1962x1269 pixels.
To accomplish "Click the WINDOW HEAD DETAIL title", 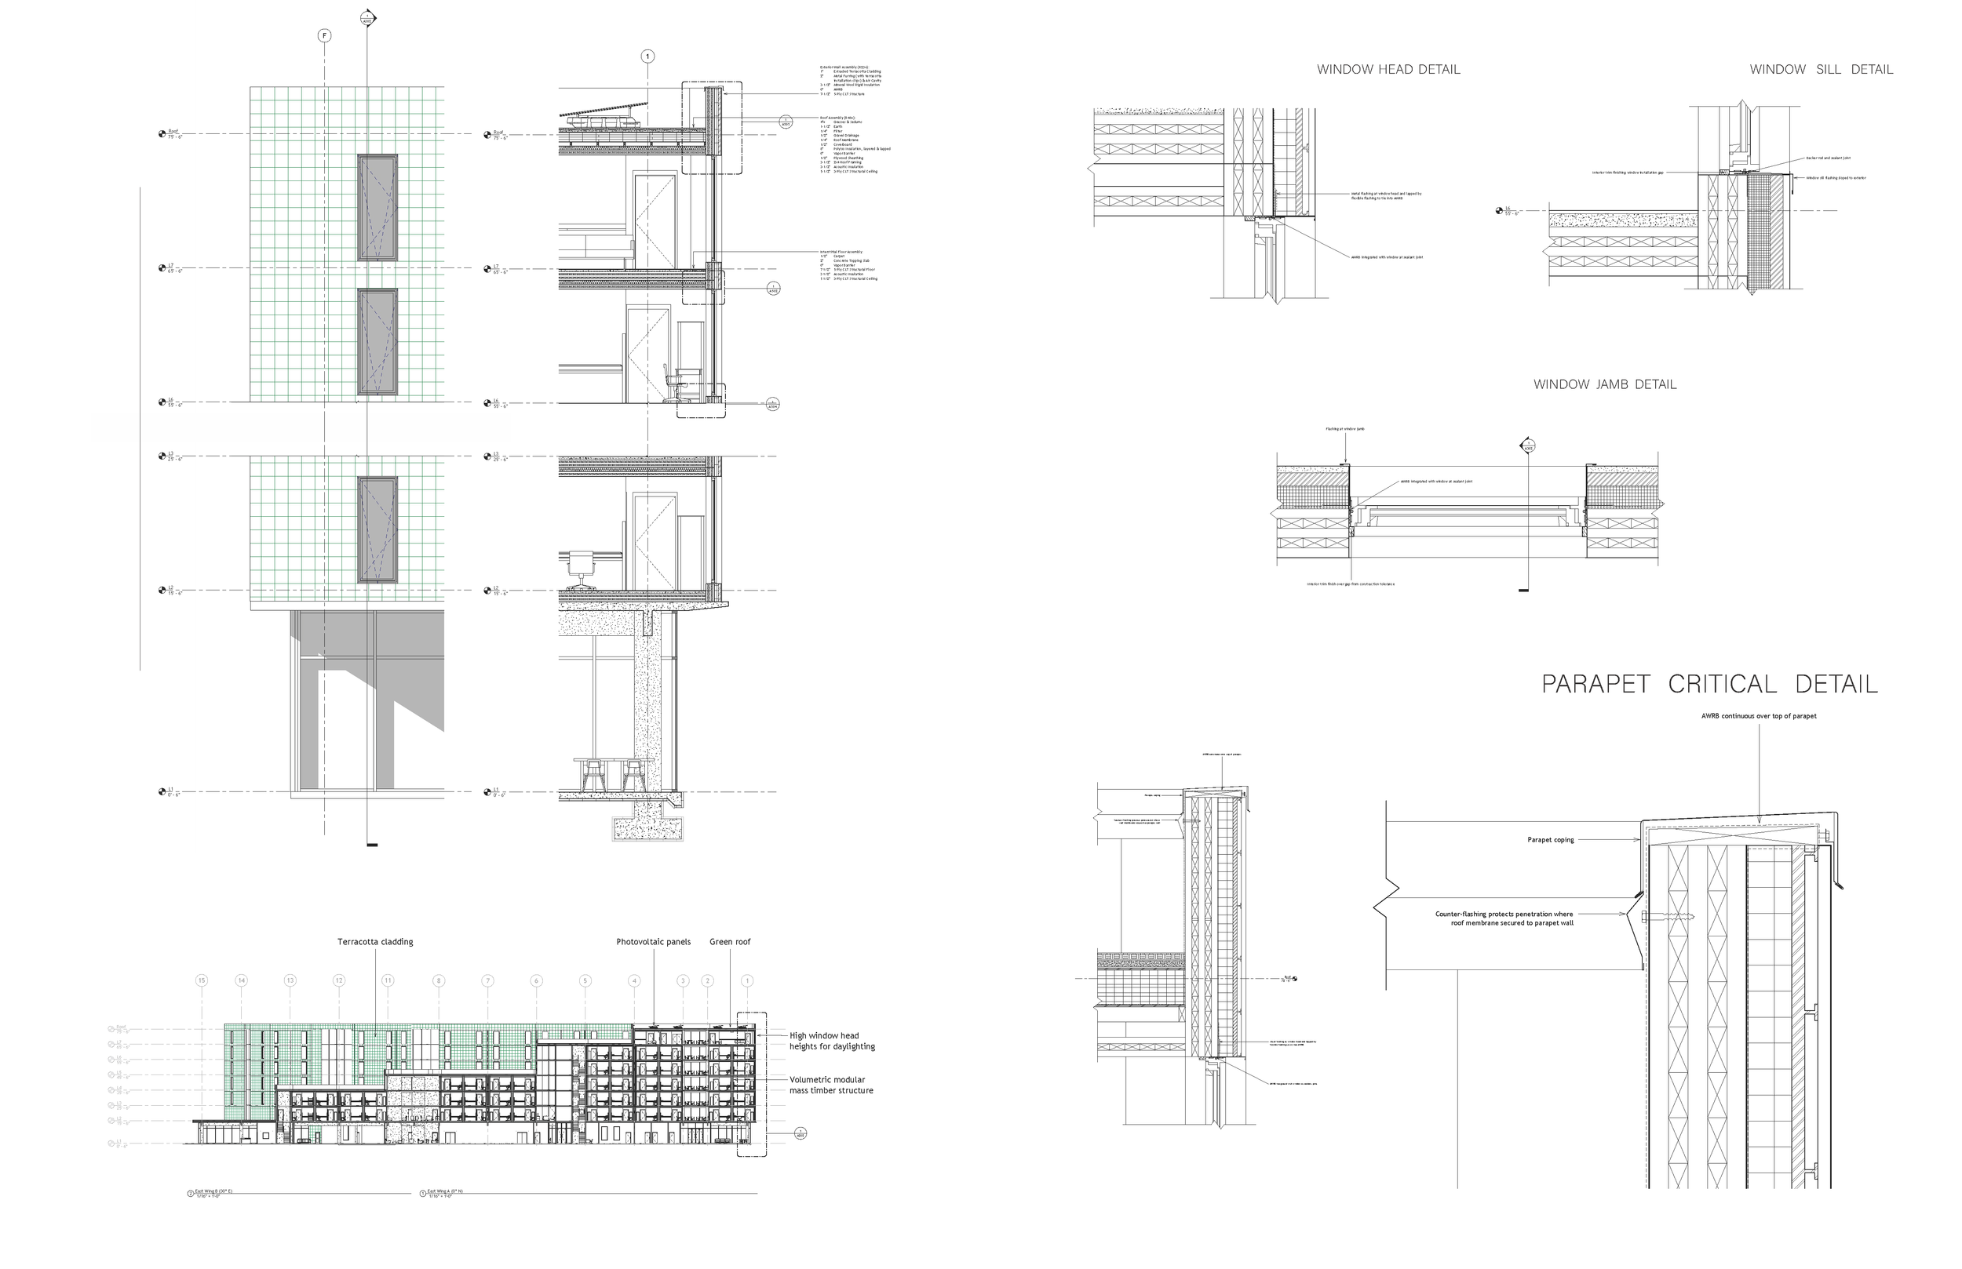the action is (1388, 70).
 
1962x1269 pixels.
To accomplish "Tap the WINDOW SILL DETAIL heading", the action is (1821, 70).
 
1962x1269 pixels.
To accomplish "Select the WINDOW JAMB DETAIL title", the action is (1604, 385).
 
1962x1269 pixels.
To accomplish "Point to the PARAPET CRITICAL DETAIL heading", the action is (1710, 685).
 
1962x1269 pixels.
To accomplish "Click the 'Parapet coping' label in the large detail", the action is (1552, 841).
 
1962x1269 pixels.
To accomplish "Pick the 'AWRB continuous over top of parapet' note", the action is (1759, 716).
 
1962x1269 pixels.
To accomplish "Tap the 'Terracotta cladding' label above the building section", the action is (375, 942).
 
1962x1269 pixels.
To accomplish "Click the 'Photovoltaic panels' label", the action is (653, 942).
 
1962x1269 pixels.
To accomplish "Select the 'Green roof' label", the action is (730, 942).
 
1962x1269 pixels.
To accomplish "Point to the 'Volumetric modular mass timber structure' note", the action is (831, 1085).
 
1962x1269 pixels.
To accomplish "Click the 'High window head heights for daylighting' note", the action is (832, 1042).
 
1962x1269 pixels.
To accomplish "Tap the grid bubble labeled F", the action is (325, 35).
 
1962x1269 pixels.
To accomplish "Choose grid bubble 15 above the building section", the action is (201, 980).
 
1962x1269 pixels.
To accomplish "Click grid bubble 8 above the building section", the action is (438, 980).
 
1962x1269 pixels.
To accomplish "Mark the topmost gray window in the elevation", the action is (377, 208).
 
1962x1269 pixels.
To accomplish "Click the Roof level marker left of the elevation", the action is (162, 133).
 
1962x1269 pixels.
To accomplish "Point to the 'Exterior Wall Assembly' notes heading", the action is (844, 66).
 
